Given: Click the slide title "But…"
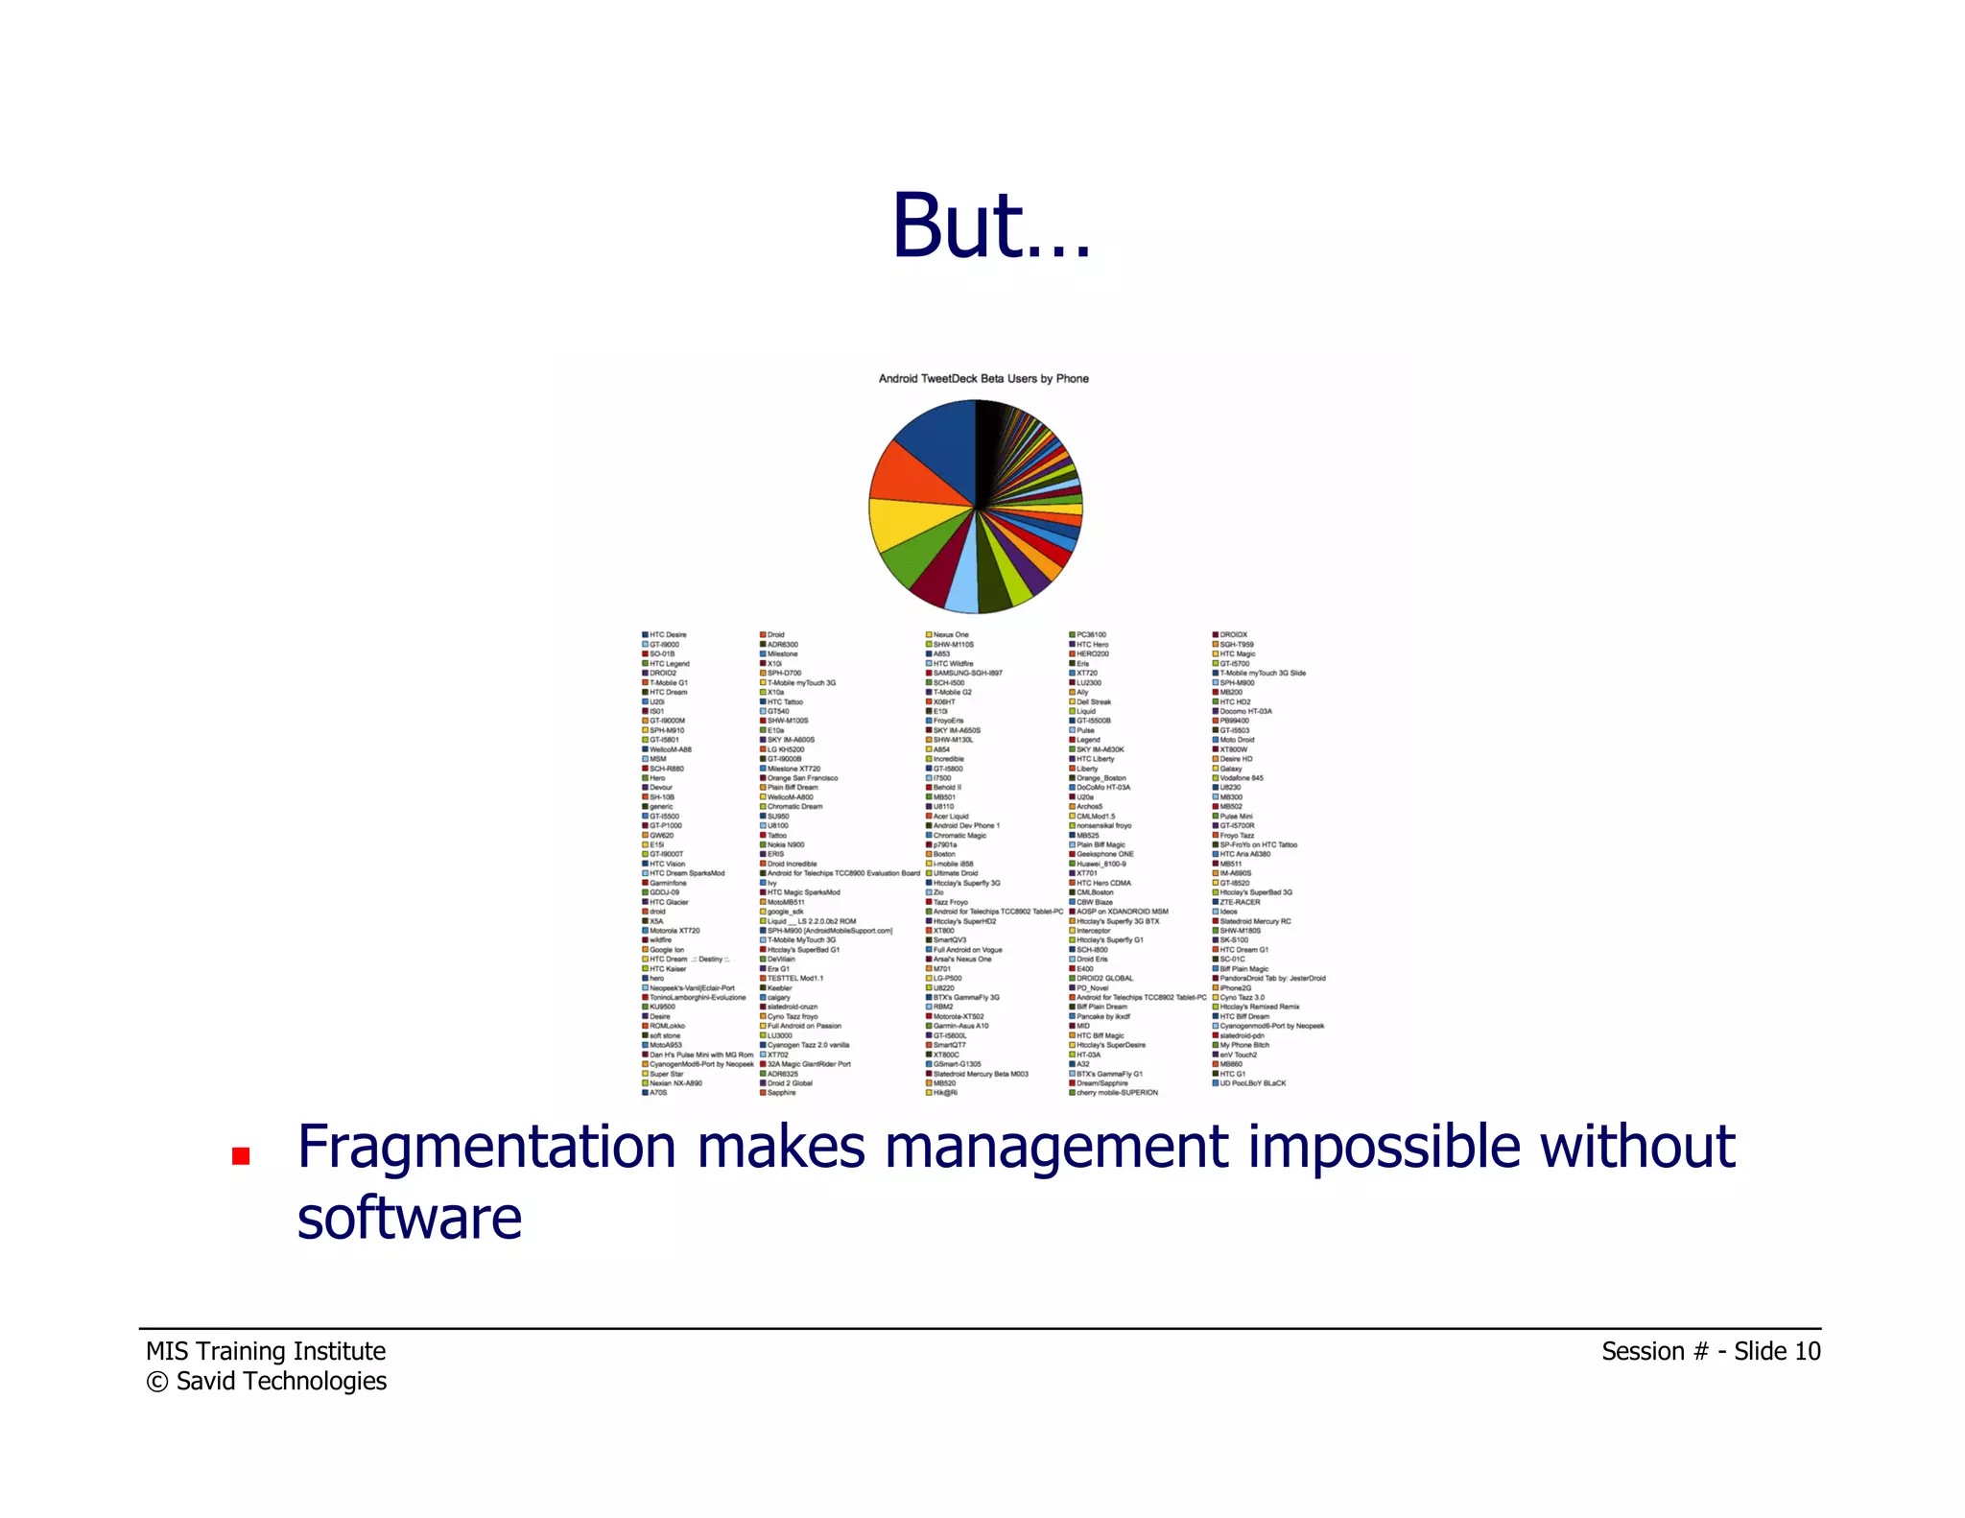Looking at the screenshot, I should pos(991,226).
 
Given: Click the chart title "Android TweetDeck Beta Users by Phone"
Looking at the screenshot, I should pos(983,379).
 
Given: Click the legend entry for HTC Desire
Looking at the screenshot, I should pos(667,635).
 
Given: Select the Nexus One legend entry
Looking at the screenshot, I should pos(950,635).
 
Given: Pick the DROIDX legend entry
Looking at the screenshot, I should pos(1233,635).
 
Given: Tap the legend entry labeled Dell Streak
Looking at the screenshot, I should pos(1093,702).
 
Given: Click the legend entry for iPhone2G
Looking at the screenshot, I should pos(1235,988).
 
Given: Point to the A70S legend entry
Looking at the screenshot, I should pos(657,1093).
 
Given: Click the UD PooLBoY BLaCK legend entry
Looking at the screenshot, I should pos(1252,1083).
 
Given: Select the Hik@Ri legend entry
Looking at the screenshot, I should pos(944,1093).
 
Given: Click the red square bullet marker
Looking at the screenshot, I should pos(241,1156).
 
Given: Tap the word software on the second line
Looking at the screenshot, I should pos(410,1219).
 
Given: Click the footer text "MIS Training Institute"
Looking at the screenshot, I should pos(266,1351).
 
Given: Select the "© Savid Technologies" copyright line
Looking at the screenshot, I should pos(267,1381).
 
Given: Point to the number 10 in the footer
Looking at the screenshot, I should pos(1807,1351).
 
